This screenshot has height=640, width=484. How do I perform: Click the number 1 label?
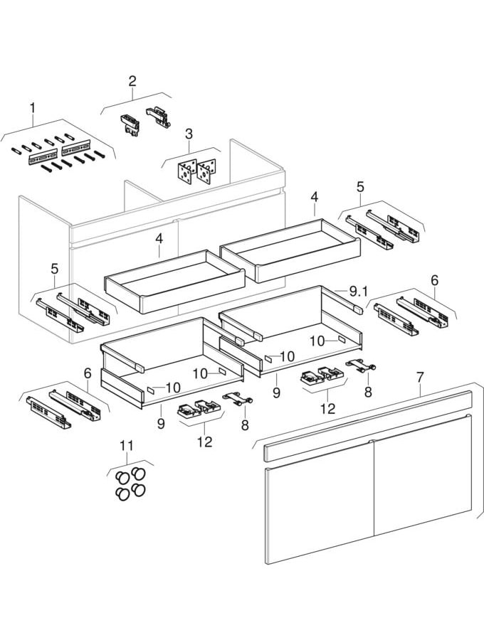click(x=31, y=108)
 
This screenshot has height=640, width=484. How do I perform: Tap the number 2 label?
click(x=132, y=81)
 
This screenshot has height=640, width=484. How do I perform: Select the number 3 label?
click(x=189, y=134)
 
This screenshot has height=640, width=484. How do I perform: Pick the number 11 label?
click(x=126, y=446)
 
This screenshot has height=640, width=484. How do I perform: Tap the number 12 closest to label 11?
click(x=205, y=442)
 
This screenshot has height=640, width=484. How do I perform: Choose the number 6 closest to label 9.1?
click(x=434, y=280)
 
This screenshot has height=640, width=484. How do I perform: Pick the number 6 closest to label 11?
click(x=87, y=373)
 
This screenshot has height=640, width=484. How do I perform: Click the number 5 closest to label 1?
click(x=55, y=270)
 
